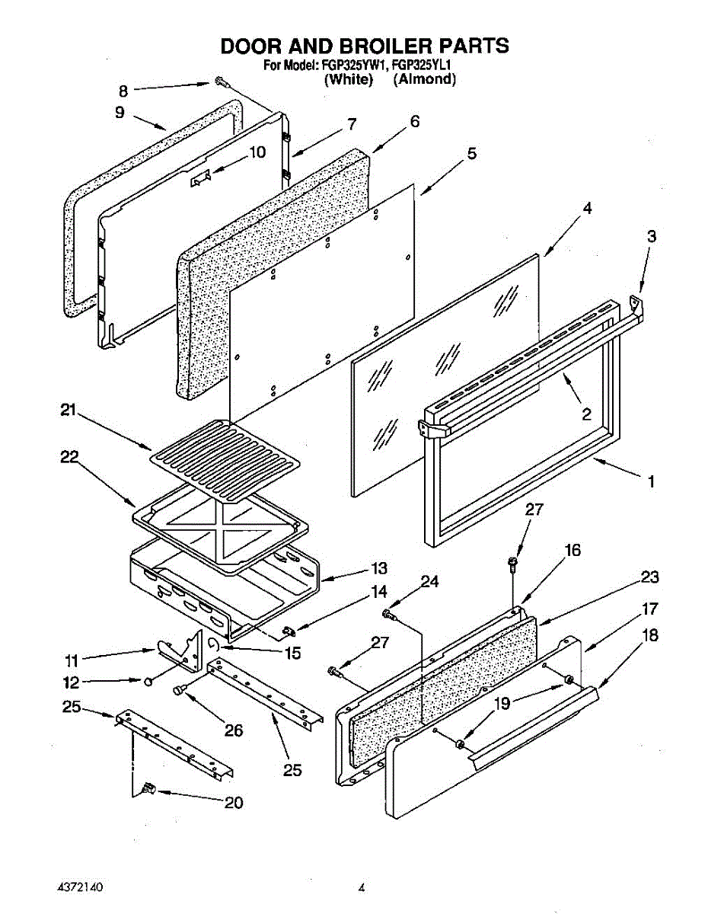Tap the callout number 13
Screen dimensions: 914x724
[378, 568]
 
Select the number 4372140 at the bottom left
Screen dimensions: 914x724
[79, 888]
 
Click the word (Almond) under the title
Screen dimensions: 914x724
[424, 79]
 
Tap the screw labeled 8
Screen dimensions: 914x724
[220, 81]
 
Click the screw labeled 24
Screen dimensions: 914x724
[389, 613]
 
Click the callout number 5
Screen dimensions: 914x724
[472, 154]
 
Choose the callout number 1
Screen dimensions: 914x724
[651, 481]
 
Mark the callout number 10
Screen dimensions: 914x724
[257, 152]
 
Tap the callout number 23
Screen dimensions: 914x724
[649, 577]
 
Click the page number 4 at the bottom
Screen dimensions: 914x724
[362, 888]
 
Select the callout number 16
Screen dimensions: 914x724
[572, 550]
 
